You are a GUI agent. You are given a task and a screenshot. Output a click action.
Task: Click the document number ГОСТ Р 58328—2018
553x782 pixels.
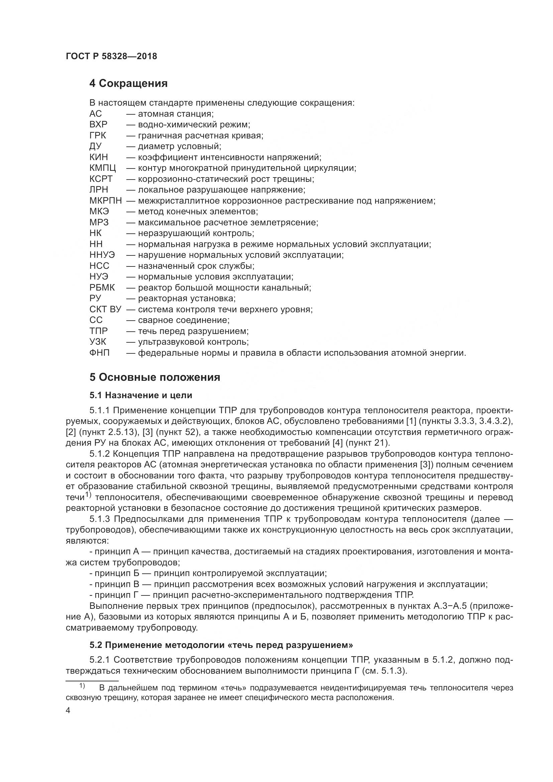click(111, 57)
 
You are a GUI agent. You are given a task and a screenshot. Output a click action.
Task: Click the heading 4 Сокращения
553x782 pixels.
click(128, 84)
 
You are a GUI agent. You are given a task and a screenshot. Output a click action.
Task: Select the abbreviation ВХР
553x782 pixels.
click(98, 125)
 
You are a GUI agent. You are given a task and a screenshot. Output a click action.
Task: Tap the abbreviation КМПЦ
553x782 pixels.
click(103, 168)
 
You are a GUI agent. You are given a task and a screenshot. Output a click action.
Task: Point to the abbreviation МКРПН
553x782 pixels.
click(105, 201)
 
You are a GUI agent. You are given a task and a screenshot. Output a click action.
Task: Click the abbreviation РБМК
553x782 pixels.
click(102, 288)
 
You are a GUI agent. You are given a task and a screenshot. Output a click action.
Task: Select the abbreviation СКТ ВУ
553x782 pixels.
click(105, 309)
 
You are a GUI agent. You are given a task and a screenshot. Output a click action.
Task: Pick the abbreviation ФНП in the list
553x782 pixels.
click(99, 353)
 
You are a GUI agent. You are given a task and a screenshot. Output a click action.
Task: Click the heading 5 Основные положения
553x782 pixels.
click(154, 377)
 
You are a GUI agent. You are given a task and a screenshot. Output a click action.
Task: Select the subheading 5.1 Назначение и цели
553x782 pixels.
click(141, 395)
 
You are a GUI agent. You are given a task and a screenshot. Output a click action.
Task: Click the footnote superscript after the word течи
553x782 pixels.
click(89, 494)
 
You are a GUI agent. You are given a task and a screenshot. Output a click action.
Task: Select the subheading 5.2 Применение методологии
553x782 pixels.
click(221, 645)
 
